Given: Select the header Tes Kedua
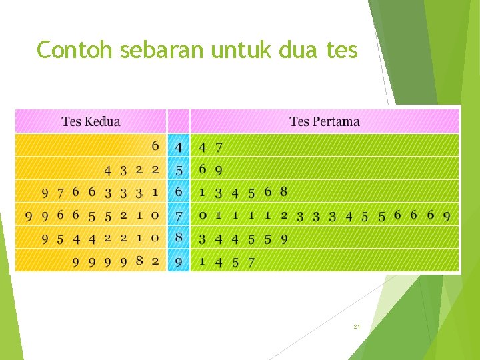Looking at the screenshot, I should point(91,121).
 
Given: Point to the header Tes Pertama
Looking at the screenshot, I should point(324,121).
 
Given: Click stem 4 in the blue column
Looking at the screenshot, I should point(179,147).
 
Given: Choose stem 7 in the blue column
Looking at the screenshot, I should point(179,216).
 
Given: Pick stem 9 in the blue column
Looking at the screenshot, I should point(179,262).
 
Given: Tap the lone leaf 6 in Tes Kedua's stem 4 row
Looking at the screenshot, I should point(155,145).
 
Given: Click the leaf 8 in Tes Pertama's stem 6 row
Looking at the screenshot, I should point(283,192).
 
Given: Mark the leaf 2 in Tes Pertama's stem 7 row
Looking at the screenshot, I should point(284,215).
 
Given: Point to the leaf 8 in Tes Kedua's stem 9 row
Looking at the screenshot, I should point(139,261).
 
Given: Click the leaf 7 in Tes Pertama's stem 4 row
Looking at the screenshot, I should point(219,147).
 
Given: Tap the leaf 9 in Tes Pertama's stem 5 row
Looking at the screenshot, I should point(219,170).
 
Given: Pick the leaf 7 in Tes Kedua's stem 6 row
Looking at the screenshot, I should point(61,193).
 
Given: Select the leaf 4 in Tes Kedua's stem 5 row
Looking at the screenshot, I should point(107,170).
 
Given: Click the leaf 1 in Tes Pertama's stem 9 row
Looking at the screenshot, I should point(202,262).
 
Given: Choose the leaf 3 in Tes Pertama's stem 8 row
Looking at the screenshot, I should point(202,239).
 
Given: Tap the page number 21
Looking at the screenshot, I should point(357,327).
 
